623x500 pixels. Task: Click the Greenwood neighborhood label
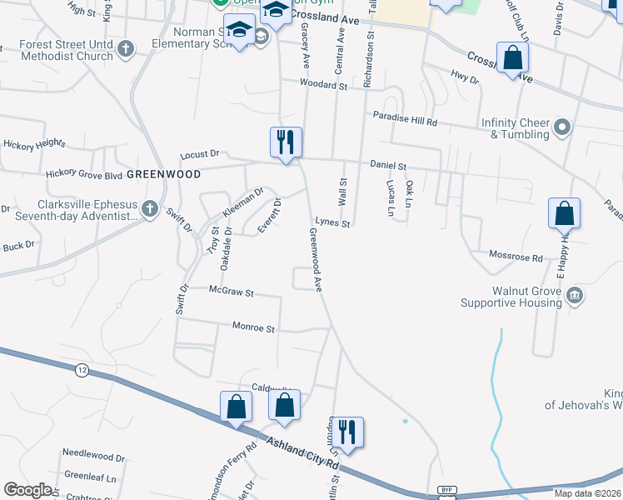pos(164,174)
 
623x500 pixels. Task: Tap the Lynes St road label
pos(332,223)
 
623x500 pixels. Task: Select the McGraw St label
pos(231,293)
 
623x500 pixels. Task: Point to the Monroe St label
pos(253,329)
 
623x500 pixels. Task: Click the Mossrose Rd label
pos(516,257)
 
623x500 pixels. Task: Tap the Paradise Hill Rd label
pos(405,119)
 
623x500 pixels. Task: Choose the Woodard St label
pos(325,85)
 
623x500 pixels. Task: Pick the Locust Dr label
pos(200,154)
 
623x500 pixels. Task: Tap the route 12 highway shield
pos(81,369)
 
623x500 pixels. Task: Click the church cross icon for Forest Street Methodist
pos(126,49)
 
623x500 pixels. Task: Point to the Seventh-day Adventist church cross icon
pos(150,208)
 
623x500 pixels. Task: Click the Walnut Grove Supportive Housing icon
pos(575,296)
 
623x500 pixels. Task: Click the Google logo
pos(27,490)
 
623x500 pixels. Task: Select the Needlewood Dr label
pos(94,458)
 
